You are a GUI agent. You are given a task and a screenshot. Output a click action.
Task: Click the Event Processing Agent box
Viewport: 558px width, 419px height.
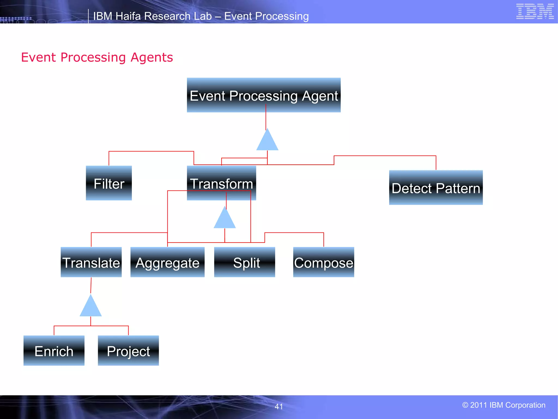pos(263,95)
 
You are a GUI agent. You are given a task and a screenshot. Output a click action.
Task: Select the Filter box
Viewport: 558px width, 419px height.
pos(109,183)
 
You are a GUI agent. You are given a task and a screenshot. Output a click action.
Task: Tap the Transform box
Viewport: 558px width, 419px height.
pos(221,183)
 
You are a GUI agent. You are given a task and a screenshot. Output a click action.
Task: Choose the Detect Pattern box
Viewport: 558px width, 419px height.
pos(436,188)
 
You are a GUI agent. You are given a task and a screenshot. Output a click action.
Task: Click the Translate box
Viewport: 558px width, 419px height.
pos(91,262)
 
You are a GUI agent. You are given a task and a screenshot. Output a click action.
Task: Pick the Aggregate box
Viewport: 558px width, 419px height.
pos(167,262)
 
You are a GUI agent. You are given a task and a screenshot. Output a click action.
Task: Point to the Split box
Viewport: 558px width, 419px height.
pos(244,262)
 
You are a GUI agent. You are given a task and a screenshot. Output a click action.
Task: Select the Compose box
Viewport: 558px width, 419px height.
pos(323,262)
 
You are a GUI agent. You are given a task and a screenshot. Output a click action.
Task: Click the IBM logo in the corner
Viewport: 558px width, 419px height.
pos(535,11)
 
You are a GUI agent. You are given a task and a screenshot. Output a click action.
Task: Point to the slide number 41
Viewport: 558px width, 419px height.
pos(278,406)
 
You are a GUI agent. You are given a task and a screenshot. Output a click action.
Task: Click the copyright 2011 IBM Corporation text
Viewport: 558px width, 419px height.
pos(504,405)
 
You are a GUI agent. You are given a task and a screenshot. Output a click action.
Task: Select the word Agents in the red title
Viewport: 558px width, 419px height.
pos(151,58)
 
